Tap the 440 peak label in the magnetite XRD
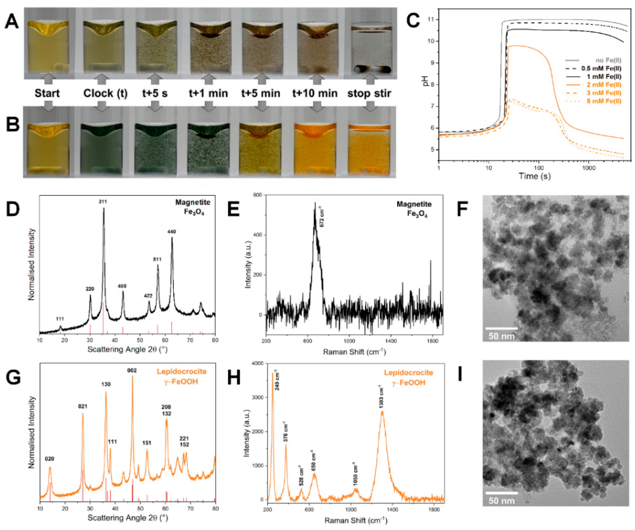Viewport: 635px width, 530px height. [172, 232]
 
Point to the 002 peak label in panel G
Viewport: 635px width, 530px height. [132, 370]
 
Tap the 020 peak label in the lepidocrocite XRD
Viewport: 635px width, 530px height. [49, 459]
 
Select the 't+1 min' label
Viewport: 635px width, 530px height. [208, 93]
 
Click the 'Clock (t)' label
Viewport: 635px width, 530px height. [105, 93]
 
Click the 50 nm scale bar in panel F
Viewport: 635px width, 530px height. [501, 328]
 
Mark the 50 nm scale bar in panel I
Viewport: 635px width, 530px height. [501, 493]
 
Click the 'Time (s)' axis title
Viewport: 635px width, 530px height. [535, 176]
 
